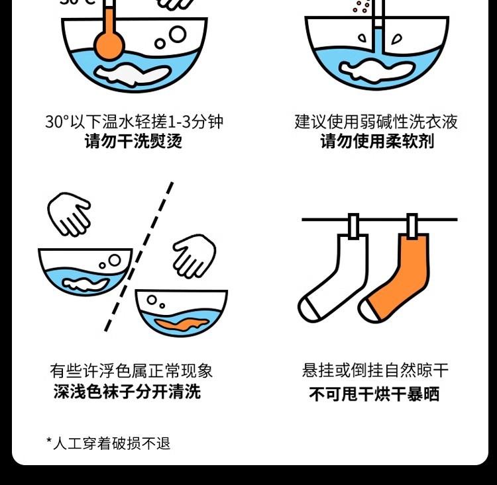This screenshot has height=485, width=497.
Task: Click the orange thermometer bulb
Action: pos(109,44)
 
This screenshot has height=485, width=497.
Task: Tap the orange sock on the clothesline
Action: pos(396,279)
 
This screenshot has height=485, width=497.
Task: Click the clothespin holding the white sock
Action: pos(353,226)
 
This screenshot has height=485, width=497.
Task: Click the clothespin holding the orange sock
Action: pos(412,226)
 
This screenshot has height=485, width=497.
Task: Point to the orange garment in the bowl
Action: pos(182,324)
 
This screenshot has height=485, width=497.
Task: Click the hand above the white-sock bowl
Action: pos(69,214)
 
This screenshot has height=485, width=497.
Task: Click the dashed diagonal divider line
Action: pos(138,257)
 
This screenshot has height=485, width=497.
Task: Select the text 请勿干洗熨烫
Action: pos(133,141)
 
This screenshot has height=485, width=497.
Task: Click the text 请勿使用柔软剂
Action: pos(377,141)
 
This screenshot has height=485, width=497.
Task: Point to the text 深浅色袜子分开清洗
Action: pos(127,392)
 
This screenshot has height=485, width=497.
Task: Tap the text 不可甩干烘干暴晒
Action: pos(374,394)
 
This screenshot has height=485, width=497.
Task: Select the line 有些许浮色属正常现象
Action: pos(131,371)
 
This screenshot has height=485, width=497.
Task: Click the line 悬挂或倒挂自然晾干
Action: pos(375,371)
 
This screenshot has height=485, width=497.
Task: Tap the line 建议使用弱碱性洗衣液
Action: pos(376,122)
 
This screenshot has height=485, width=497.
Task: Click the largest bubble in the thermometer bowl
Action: pos(178,34)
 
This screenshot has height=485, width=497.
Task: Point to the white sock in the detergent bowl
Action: pos(376,70)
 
